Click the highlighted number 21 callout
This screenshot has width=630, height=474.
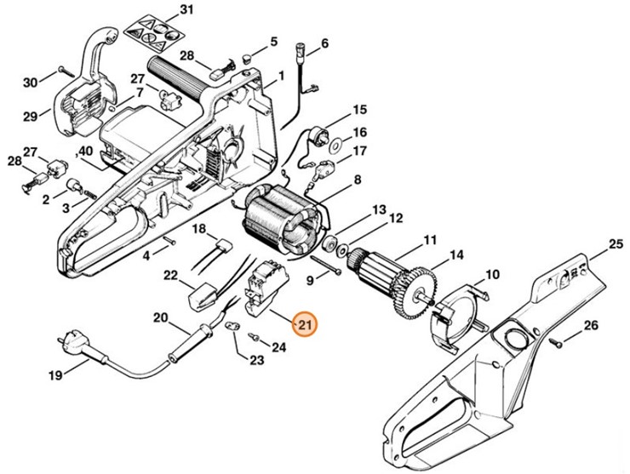[x=304, y=324]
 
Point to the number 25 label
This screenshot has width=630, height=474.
[x=616, y=246]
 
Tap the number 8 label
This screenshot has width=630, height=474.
[x=358, y=180]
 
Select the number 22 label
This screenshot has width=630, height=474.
[x=170, y=275]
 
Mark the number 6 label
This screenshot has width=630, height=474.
[x=324, y=43]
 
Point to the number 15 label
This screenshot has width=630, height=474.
[x=359, y=109]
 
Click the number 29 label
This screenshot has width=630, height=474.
[x=30, y=116]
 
